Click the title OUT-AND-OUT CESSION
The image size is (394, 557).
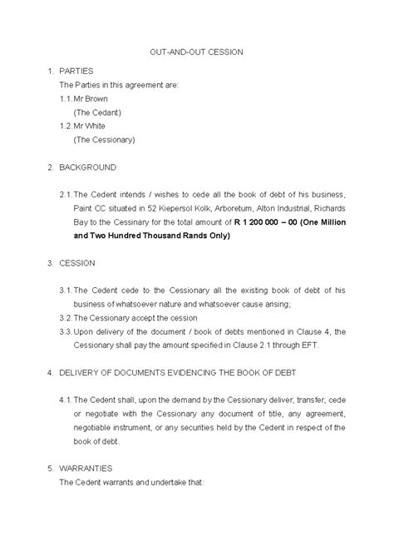[196, 52]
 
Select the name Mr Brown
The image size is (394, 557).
[91, 98]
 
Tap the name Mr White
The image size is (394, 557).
[91, 125]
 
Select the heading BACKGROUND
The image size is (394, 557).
[87, 167]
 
